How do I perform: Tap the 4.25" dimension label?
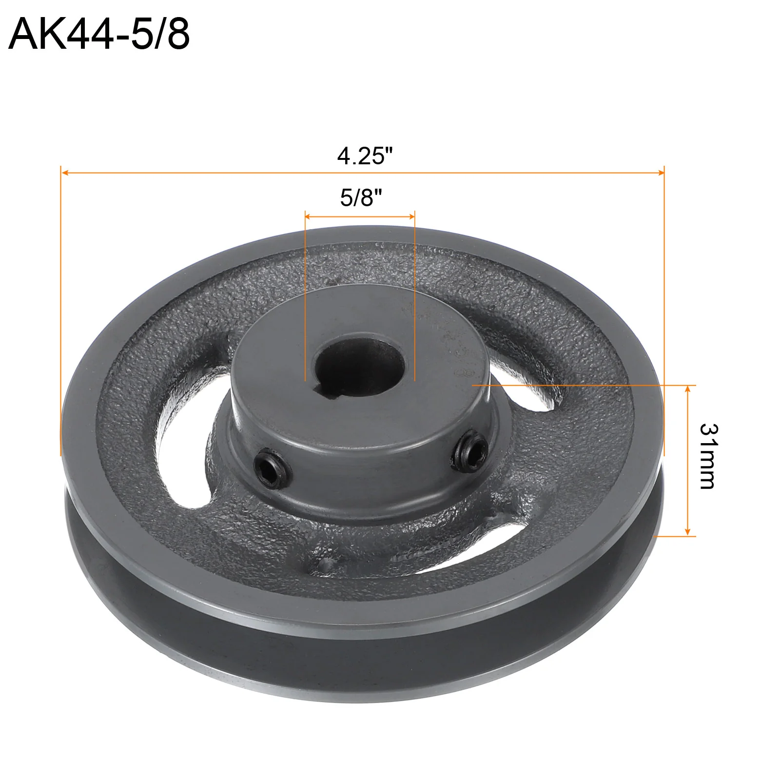click(x=365, y=156)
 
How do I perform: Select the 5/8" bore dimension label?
click(x=361, y=198)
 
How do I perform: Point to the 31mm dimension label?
click(x=708, y=456)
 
